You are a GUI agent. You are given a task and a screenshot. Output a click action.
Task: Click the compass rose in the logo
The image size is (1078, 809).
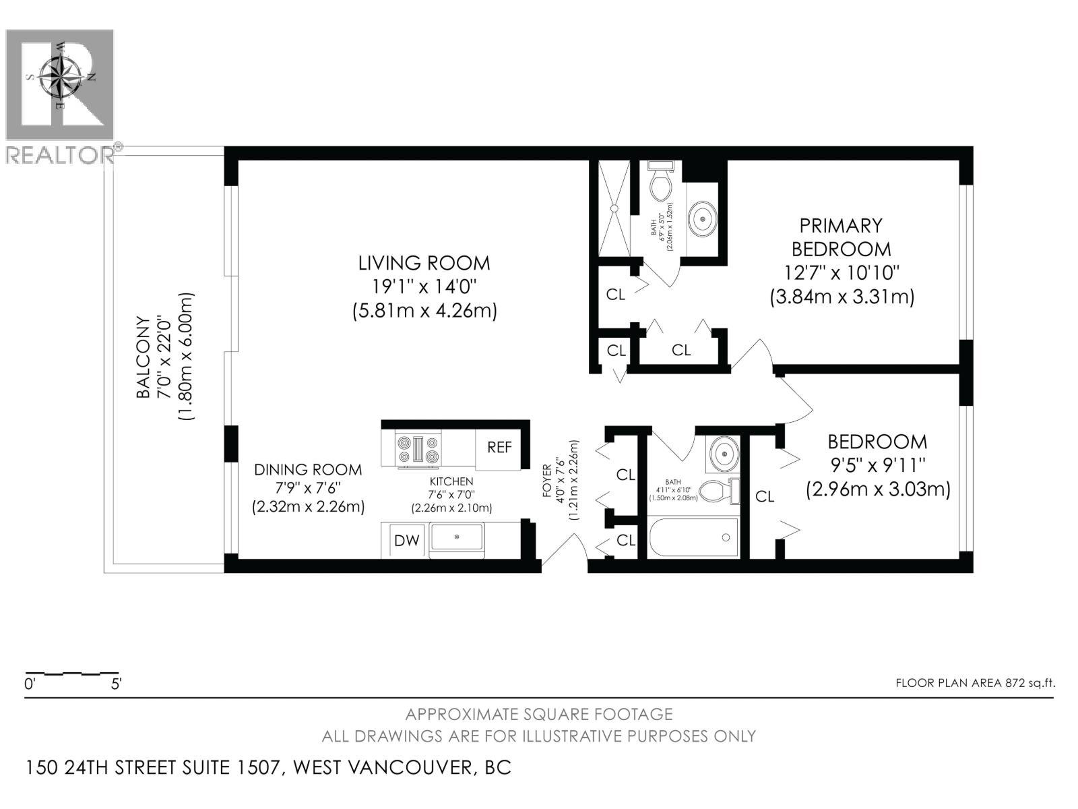click(60, 76)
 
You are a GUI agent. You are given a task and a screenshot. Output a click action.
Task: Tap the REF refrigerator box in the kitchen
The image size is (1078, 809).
click(499, 447)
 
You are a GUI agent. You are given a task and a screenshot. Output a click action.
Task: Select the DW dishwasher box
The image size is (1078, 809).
click(406, 541)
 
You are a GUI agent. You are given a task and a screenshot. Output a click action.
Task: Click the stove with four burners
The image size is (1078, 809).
click(418, 450)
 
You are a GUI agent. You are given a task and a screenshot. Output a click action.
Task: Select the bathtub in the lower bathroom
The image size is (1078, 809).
click(693, 538)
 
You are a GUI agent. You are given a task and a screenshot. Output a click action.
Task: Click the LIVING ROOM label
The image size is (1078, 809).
click(424, 263)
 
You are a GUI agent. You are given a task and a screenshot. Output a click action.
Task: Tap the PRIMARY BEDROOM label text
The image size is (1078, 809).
click(841, 237)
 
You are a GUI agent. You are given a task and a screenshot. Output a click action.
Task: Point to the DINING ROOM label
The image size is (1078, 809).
click(308, 470)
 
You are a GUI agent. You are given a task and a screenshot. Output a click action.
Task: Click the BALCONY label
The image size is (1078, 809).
click(144, 357)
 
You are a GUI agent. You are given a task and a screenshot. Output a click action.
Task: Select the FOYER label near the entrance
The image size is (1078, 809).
click(547, 480)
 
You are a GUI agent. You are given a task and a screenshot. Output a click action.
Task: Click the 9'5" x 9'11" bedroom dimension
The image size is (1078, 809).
click(877, 465)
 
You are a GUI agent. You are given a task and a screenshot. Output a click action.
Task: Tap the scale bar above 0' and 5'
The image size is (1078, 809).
click(71, 673)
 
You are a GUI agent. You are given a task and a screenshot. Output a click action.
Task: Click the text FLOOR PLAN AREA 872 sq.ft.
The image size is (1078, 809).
click(975, 683)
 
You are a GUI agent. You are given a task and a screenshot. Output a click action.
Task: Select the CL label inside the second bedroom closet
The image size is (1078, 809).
click(765, 497)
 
